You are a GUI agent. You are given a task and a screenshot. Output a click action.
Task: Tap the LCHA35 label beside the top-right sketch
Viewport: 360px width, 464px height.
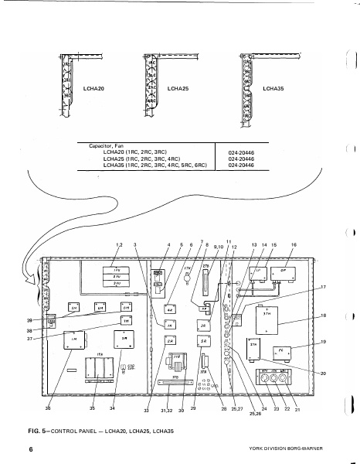(x=273, y=88)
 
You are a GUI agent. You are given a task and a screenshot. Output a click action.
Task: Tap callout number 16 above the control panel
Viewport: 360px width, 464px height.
(x=293, y=244)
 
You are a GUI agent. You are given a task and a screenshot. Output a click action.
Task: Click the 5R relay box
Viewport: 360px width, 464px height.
(x=202, y=341)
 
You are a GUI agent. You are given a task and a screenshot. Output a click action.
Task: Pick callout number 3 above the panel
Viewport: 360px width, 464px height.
(x=134, y=244)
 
